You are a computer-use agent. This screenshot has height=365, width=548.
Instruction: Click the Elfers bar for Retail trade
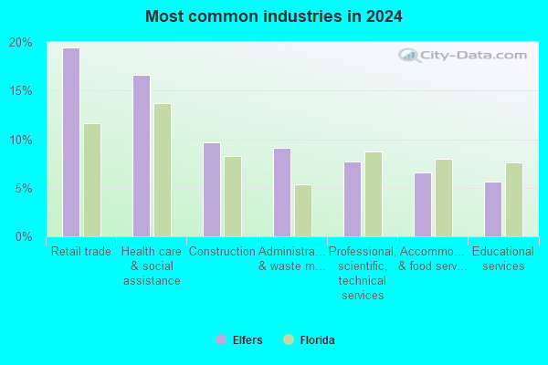point(71,142)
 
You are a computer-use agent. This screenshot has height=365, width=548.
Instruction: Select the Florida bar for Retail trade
point(92,181)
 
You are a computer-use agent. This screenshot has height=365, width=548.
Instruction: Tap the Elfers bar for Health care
point(142,156)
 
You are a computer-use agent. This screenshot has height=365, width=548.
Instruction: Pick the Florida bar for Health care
point(163,170)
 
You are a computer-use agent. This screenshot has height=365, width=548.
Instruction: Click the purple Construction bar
point(212,190)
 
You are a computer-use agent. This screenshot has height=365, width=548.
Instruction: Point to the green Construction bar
point(233,197)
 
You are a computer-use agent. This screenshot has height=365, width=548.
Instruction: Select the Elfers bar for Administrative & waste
point(282,193)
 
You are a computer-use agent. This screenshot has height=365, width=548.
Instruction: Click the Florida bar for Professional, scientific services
point(374,194)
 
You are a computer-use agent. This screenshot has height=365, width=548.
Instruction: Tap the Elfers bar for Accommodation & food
point(423,205)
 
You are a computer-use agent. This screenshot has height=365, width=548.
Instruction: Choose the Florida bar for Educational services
point(514,200)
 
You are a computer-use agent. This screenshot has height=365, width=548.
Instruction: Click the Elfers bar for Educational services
point(493,210)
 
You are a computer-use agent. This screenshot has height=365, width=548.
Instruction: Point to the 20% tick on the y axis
point(21,43)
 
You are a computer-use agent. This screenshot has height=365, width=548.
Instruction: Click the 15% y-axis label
point(21,91)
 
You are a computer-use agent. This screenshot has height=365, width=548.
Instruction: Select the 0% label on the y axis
point(24,237)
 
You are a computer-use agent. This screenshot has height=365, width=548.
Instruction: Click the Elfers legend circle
point(221,339)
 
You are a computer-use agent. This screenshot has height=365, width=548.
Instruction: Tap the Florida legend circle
point(289,339)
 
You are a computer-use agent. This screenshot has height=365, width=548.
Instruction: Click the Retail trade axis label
point(81,252)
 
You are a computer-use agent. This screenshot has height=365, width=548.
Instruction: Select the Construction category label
point(222,252)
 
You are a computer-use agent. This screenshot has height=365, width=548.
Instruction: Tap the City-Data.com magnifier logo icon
point(409,55)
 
